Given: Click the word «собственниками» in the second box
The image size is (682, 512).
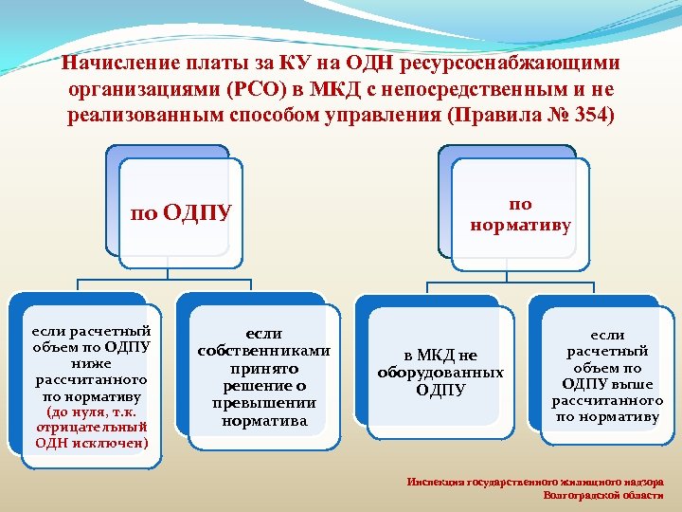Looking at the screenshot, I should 263,351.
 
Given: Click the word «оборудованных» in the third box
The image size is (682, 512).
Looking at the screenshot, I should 440,373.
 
